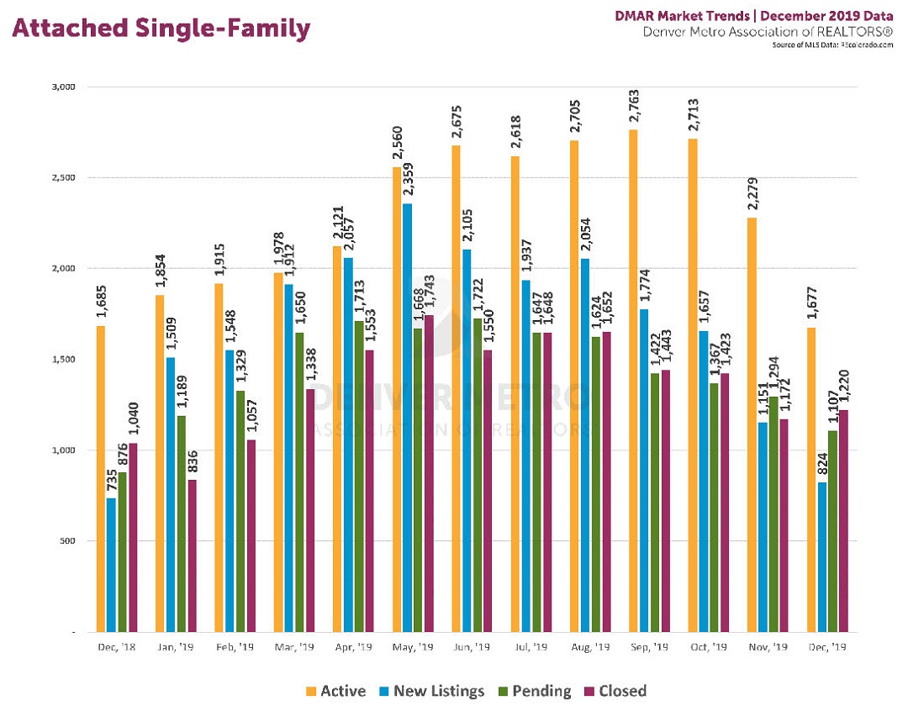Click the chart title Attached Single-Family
[160, 29]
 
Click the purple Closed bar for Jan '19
[193, 555]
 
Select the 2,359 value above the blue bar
[406, 180]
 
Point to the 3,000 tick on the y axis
[64, 87]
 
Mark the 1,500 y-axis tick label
[64, 359]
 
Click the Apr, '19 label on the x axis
[352, 648]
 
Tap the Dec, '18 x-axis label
[116, 648]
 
